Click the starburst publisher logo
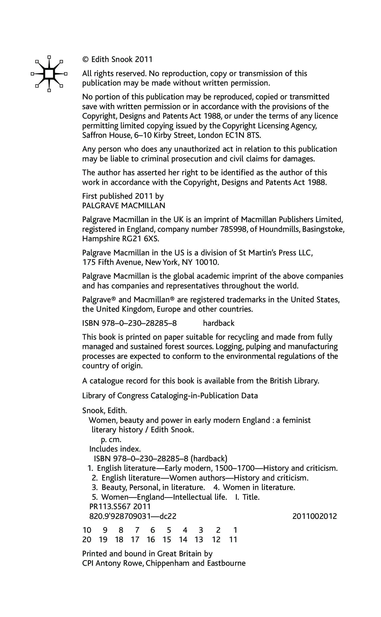[x=49, y=74]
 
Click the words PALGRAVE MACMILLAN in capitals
[x=124, y=205]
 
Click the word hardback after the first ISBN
[x=219, y=323]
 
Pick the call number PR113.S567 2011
[x=120, y=506]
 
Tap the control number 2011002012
[x=314, y=516]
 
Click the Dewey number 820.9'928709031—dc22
[x=133, y=516]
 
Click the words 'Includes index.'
[x=115, y=449]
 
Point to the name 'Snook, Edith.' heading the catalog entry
[x=104, y=411]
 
